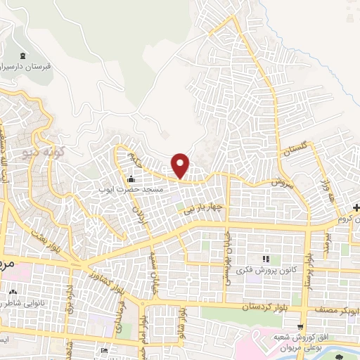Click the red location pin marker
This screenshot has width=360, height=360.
coord(181,165)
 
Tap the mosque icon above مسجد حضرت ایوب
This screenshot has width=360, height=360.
coord(131,178)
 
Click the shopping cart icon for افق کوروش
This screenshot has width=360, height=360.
coord(300,328)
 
